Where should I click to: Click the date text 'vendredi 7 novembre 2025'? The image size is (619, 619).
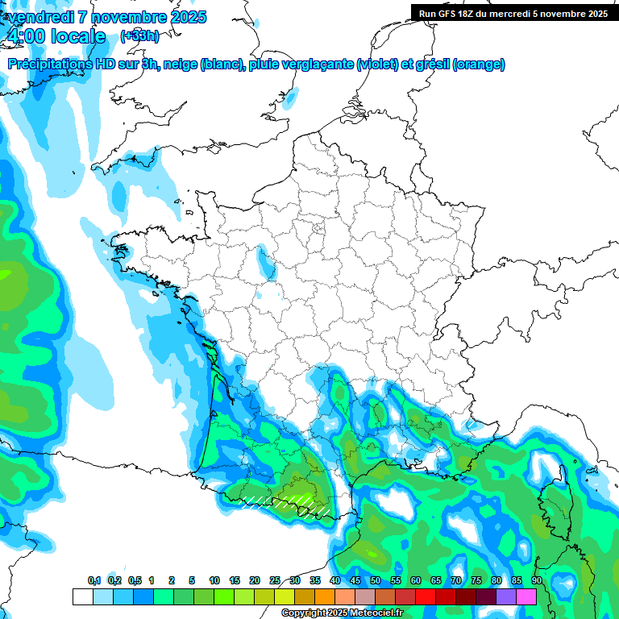(x=106, y=17)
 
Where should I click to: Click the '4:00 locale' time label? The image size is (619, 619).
(x=56, y=36)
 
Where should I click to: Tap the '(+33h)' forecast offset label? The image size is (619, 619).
(x=139, y=35)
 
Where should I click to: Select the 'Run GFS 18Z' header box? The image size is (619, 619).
(x=513, y=13)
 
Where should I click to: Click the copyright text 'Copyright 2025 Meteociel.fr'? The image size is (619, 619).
(x=341, y=613)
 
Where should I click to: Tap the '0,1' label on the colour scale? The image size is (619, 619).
(x=94, y=580)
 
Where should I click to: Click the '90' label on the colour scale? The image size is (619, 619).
(x=536, y=580)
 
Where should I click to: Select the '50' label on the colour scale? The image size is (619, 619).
(x=376, y=580)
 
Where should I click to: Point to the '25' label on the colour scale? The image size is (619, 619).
(x=275, y=580)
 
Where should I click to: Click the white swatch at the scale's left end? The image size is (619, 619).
(x=82, y=596)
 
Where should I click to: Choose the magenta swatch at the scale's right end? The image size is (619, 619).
(x=526, y=596)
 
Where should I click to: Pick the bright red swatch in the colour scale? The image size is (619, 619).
(x=426, y=596)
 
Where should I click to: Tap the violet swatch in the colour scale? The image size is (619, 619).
(x=506, y=596)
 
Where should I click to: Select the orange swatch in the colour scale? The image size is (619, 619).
(x=325, y=596)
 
